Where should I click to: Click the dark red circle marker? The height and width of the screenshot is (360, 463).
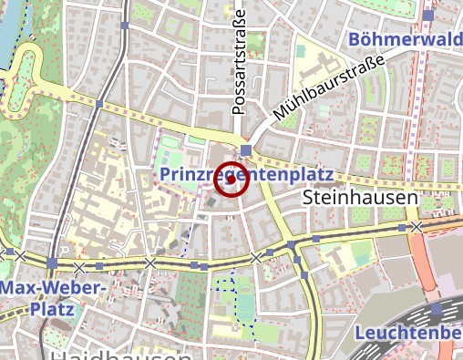231,180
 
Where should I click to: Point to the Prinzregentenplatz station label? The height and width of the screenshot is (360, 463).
246,172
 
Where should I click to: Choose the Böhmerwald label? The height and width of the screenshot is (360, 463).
406,39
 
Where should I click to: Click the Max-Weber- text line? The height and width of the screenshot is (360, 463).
54,289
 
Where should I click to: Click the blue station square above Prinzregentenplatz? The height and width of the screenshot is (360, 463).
246,149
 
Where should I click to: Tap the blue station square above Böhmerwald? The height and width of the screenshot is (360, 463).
428,15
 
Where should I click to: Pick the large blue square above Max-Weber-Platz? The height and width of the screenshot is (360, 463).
53,263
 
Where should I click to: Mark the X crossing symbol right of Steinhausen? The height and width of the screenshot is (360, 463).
417,226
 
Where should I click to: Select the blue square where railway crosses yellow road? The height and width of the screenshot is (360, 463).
98,105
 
